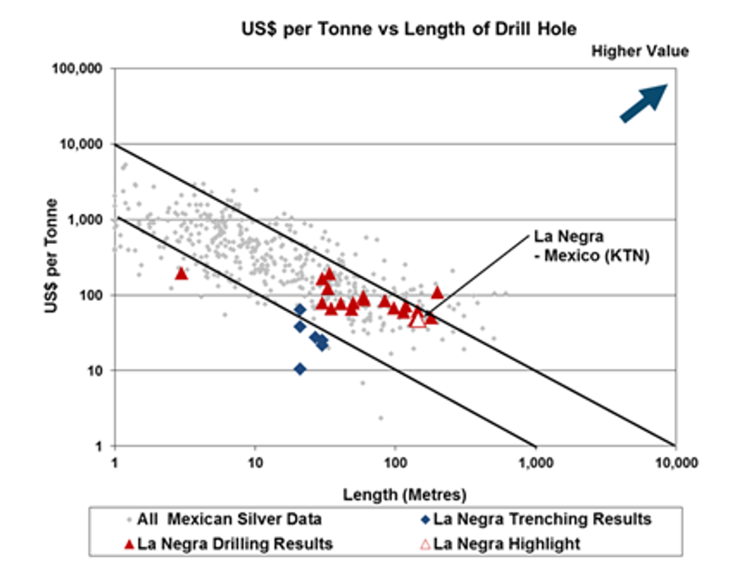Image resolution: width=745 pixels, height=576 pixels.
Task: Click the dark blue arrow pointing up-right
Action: pos(643,103)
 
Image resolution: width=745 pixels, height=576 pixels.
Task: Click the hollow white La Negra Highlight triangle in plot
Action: pos(417,319)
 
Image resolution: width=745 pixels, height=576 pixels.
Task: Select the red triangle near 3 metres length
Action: pos(181,273)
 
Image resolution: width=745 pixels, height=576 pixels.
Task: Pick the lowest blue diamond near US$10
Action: pos(300,369)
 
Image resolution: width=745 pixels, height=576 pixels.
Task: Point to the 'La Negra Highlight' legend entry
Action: pos(506,544)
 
